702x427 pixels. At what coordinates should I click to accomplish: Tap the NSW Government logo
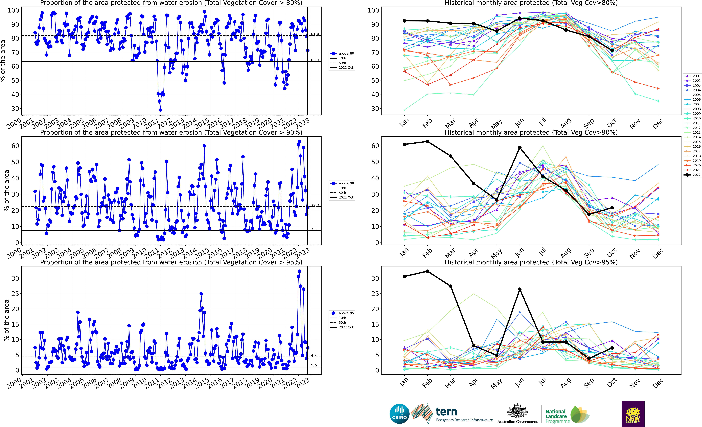coord(633,414)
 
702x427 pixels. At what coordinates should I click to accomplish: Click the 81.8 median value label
coord(315,34)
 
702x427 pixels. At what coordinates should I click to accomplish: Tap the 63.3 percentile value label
coord(315,60)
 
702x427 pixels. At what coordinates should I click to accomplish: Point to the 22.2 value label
coord(315,206)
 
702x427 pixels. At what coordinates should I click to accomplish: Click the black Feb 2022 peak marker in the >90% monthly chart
coord(427,141)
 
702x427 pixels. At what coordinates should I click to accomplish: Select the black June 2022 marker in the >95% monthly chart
coord(520,289)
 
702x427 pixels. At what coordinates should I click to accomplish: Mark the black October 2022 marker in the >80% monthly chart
coord(612,50)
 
